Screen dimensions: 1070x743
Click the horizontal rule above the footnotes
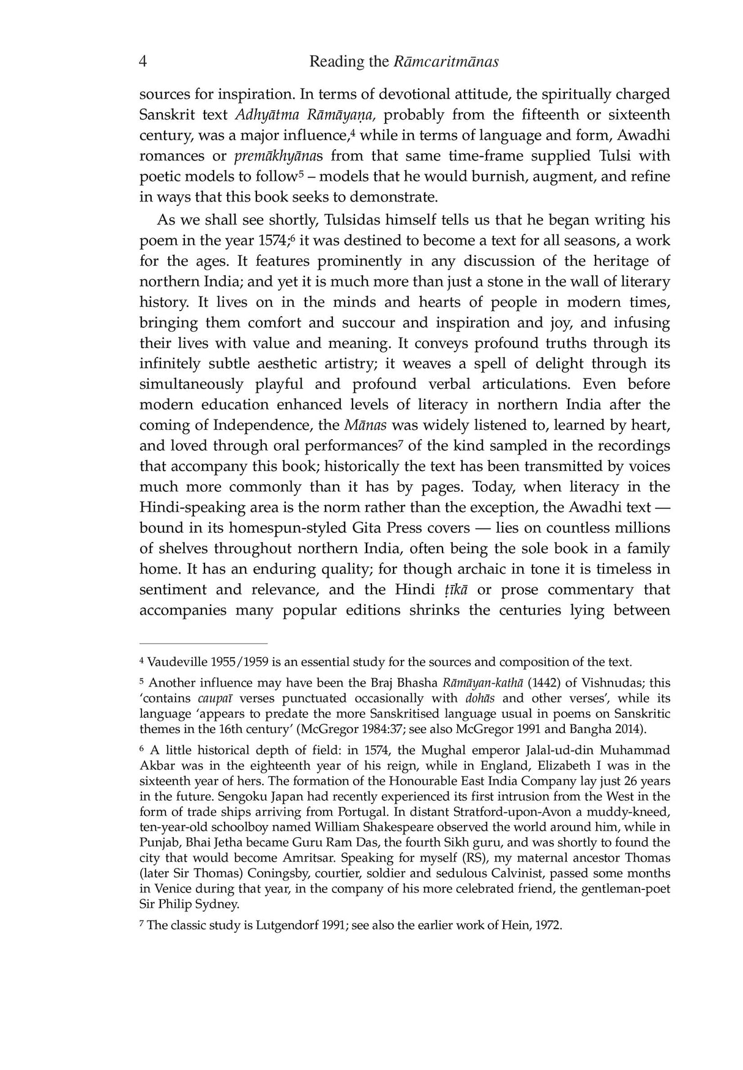tap(203, 644)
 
